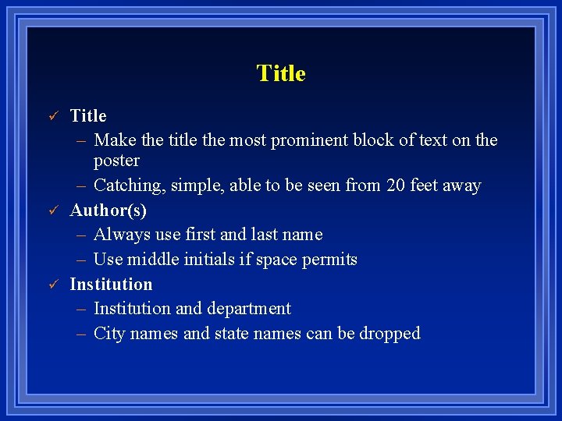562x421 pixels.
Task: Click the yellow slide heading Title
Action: [x=281, y=73]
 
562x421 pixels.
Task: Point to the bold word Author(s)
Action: [x=108, y=210]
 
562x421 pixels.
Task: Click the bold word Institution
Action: [x=111, y=284]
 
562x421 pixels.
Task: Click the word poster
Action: [x=116, y=161]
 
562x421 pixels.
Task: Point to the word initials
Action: [x=212, y=260]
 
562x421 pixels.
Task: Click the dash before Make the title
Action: [x=81, y=140]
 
